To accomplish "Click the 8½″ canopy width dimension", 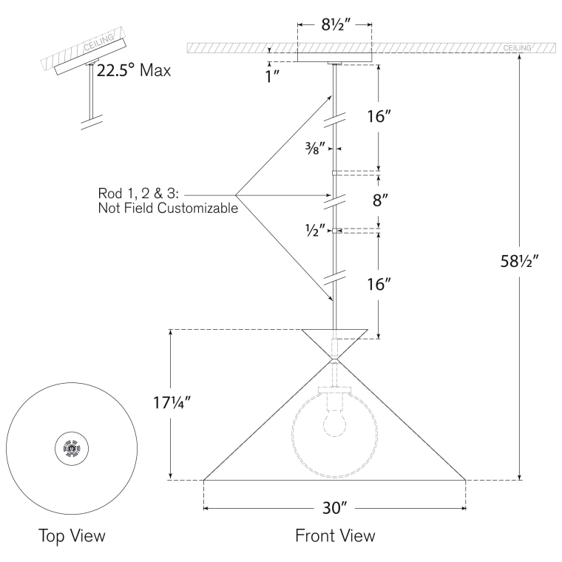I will point(334,24).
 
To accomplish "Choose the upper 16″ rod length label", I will point(379,117).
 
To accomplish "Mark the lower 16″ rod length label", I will point(379,285).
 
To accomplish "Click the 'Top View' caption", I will point(72,536).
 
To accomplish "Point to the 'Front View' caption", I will point(335,536).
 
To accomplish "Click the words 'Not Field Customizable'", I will point(168,209).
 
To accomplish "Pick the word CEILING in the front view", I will point(517,48).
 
